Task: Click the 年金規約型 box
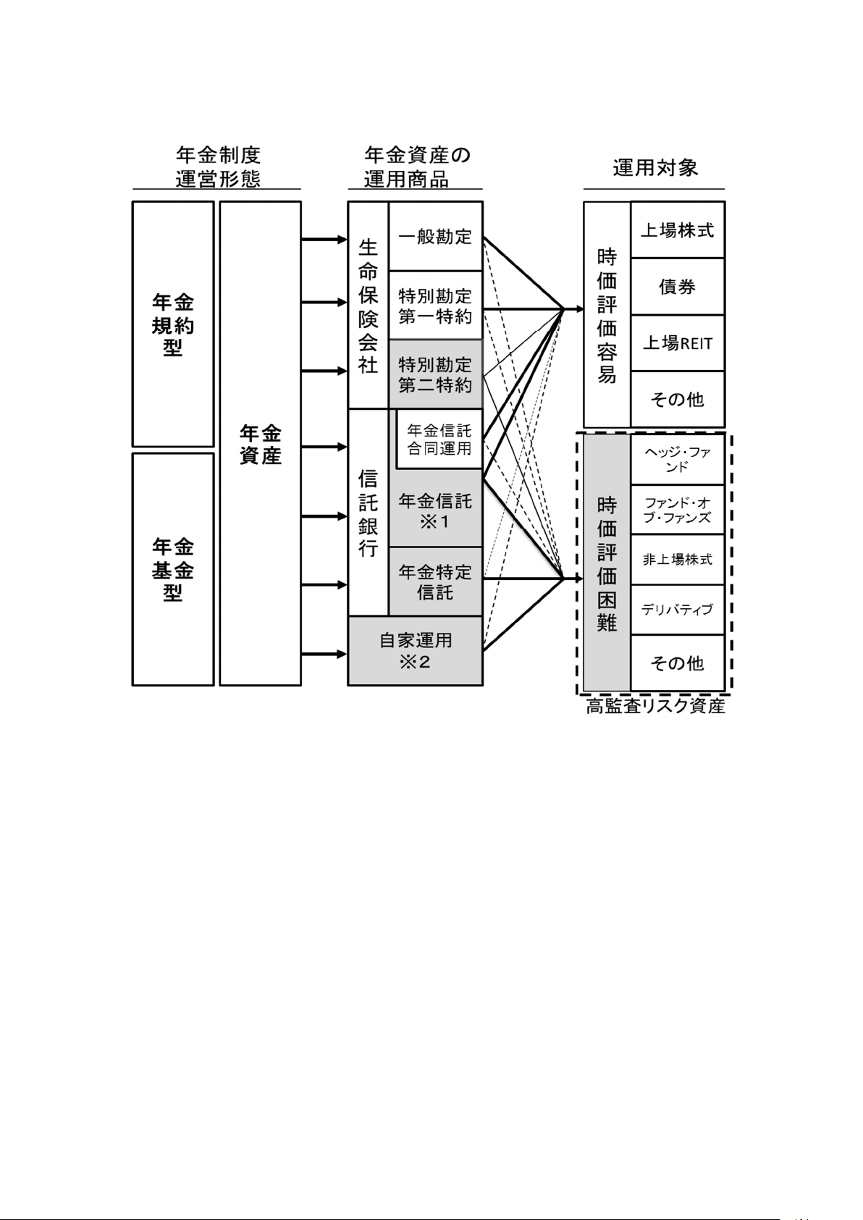[173, 324]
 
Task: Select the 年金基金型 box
[173, 569]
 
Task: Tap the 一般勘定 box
[435, 236]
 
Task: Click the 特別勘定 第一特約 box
[435, 306]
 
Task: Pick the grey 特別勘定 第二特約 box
[435, 374]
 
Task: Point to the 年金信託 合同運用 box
[439, 439]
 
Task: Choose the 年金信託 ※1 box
[435, 510]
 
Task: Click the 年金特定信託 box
[435, 581]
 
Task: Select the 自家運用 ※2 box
[415, 650]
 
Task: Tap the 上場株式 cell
[677, 230]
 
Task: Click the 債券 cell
[677, 287]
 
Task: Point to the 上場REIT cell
[677, 342]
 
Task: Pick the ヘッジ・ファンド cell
[677, 460]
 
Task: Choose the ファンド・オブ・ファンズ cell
[677, 510]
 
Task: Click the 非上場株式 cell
[677, 559]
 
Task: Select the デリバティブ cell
[677, 609]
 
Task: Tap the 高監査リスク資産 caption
[655, 706]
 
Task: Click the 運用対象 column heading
[655, 168]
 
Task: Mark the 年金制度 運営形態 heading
[217, 167]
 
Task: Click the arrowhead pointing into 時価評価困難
[578, 579]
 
